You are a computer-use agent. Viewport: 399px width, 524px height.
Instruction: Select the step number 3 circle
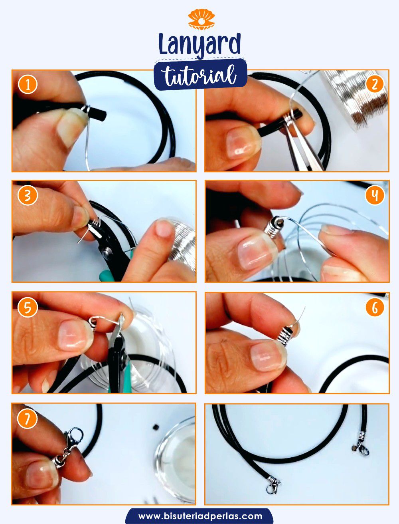tap(28, 195)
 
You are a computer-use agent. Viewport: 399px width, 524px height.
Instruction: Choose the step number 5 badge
tap(28, 307)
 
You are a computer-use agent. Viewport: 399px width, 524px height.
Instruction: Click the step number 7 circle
tap(28, 419)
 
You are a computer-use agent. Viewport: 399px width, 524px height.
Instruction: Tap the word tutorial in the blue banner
tap(200, 74)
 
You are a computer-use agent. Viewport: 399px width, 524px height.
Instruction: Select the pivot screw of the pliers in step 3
tap(107, 251)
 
